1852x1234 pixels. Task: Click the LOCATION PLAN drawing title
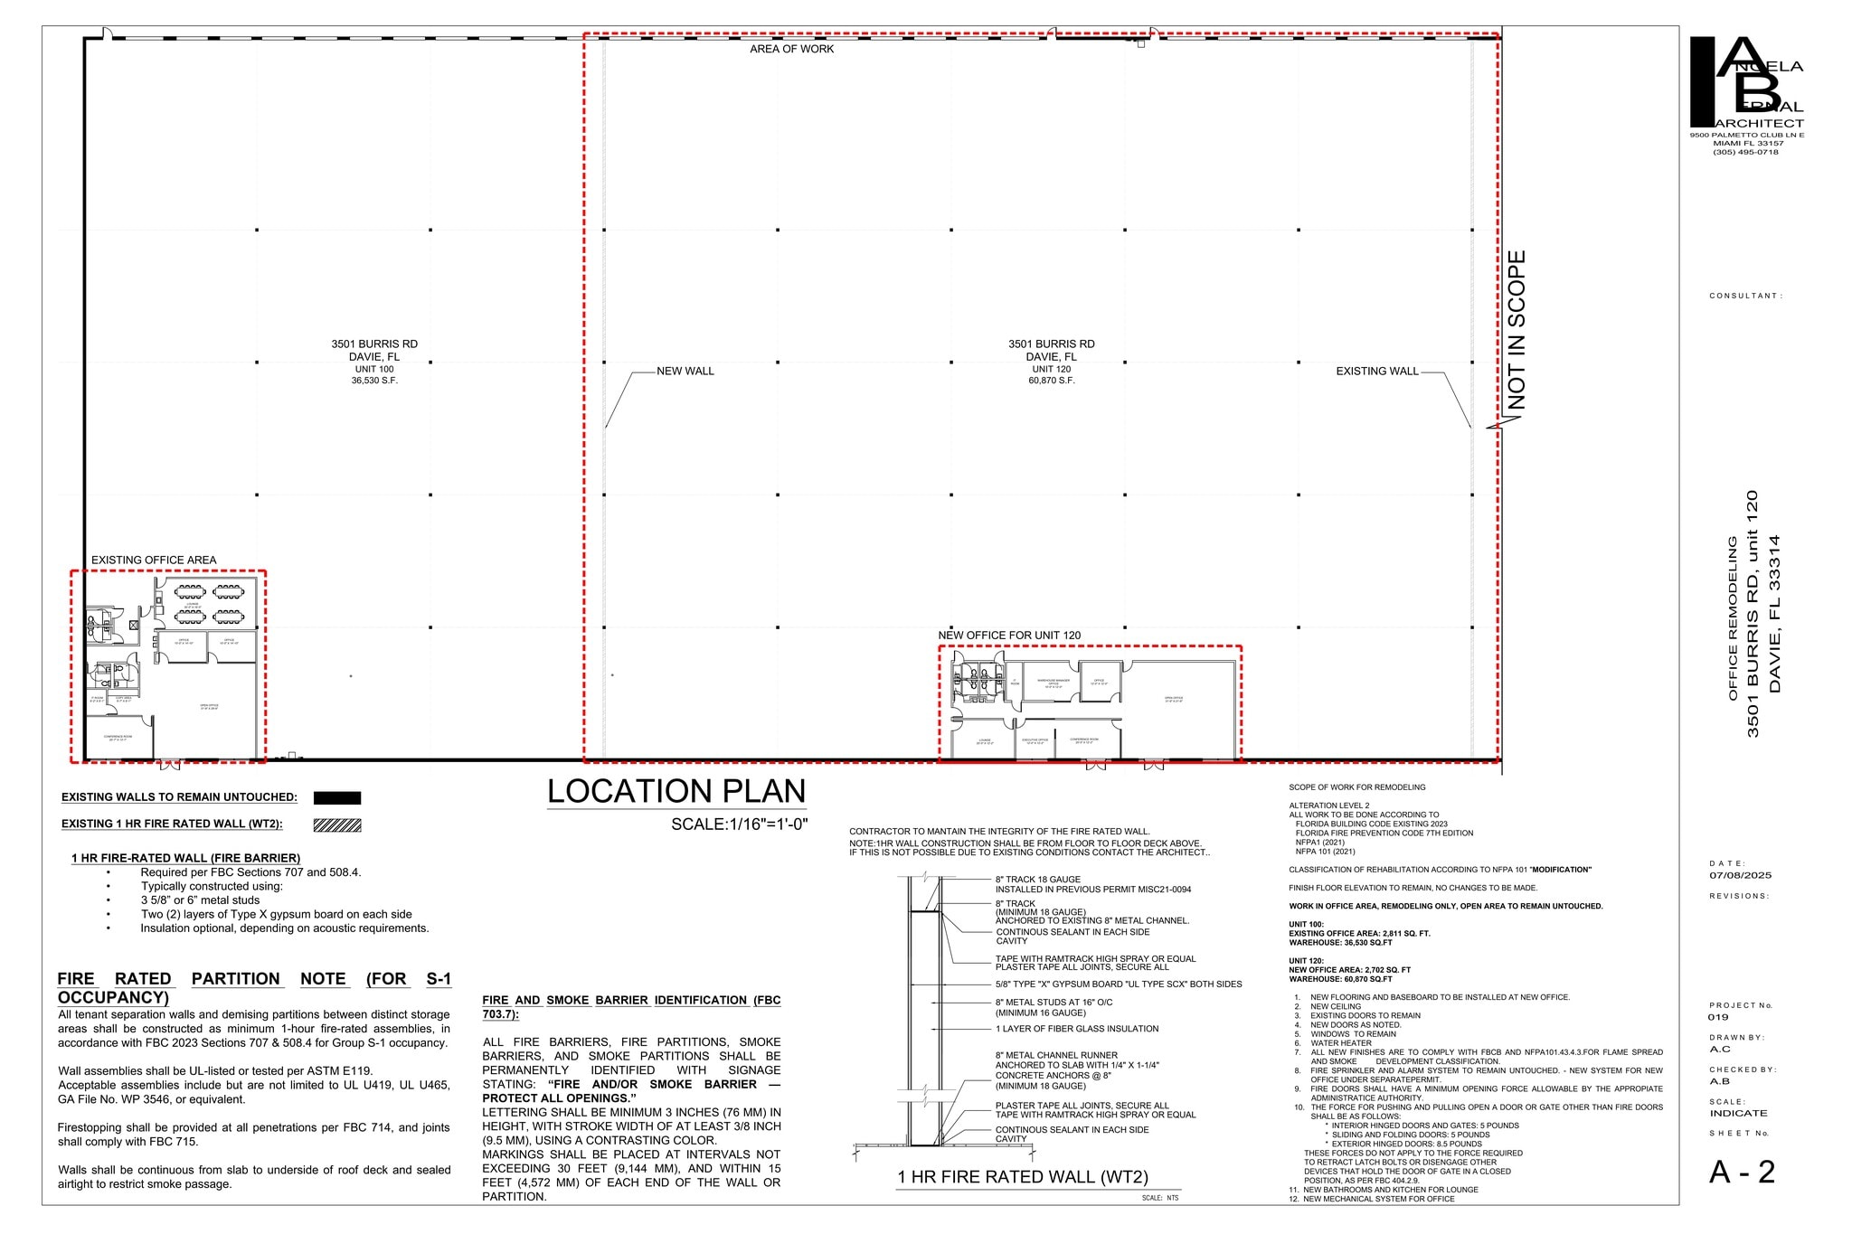(676, 792)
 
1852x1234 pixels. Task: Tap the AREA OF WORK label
(791, 49)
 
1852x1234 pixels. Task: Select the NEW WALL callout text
(685, 371)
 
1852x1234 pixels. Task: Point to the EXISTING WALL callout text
(1376, 371)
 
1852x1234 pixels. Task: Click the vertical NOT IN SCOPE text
(1517, 329)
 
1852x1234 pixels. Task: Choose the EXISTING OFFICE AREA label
(154, 560)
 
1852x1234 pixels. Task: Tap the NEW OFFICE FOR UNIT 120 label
(1008, 636)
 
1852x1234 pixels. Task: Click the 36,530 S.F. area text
(374, 381)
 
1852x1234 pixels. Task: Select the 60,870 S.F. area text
(1051, 381)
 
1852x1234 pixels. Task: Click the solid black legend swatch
(337, 798)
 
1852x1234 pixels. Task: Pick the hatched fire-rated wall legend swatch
(337, 824)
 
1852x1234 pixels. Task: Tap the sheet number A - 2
(1742, 1173)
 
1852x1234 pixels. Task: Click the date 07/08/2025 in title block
(1740, 875)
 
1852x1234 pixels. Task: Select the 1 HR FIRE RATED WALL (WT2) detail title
(1022, 1177)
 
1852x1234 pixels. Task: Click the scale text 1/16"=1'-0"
(739, 824)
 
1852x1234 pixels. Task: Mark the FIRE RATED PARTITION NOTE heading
(254, 987)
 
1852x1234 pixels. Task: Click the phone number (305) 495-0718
(1745, 152)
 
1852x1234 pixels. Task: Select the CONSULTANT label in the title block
(1745, 296)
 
